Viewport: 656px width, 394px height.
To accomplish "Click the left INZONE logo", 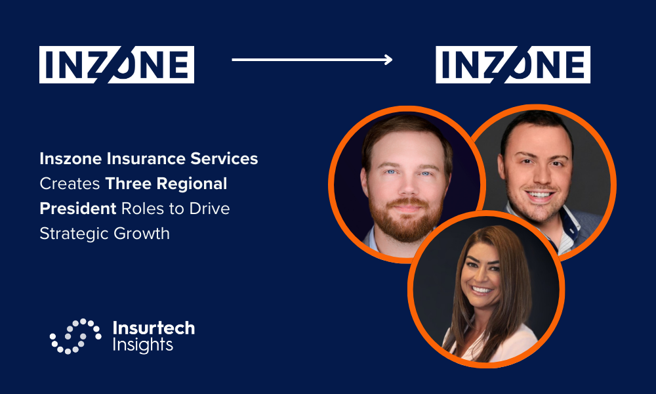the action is (x=117, y=64).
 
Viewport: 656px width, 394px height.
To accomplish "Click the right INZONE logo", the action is (x=513, y=64).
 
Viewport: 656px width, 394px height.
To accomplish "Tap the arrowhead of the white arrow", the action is (x=388, y=60).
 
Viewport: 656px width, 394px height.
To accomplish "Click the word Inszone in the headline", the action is (x=71, y=159).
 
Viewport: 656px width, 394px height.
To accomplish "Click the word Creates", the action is (x=70, y=184).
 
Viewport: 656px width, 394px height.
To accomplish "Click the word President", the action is (x=78, y=209).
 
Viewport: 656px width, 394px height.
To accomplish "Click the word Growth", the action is (x=142, y=233).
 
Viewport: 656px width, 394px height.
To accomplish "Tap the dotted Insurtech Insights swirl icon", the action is (x=75, y=336).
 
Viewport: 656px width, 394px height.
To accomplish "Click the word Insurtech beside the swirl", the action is (x=154, y=328).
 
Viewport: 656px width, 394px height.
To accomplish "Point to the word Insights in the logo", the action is (x=142, y=345).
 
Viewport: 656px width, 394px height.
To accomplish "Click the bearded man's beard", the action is (x=405, y=220).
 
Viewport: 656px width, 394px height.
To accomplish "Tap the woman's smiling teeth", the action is (x=481, y=290).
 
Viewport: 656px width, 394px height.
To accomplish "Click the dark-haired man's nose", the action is (x=537, y=176).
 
